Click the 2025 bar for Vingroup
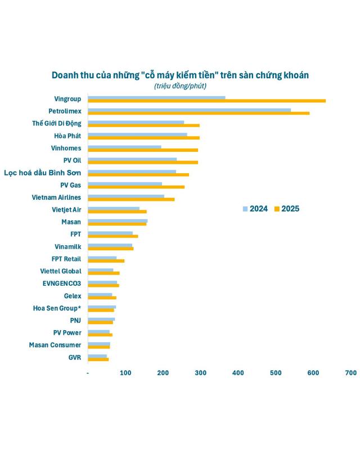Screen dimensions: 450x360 [x=207, y=101]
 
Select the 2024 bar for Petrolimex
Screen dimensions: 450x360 [x=190, y=110]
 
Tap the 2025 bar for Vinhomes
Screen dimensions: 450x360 [x=143, y=150]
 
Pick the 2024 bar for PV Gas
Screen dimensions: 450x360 [x=125, y=183]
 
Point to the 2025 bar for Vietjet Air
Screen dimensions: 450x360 [x=117, y=211]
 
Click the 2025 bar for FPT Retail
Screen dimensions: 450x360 [x=106, y=261]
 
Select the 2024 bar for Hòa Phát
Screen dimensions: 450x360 [x=137, y=134]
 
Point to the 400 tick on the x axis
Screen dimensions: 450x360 [x=238, y=373]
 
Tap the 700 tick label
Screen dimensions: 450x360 [x=350, y=373]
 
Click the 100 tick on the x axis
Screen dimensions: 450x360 [x=125, y=373]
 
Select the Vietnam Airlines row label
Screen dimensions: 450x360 [x=56, y=197]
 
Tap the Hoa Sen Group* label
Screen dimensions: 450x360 [x=57, y=308]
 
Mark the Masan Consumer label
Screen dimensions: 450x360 [x=55, y=345]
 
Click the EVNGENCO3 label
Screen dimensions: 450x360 [x=62, y=283]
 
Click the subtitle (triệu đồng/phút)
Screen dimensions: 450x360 [x=180, y=86]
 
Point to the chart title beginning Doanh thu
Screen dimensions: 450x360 [x=180, y=75]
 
